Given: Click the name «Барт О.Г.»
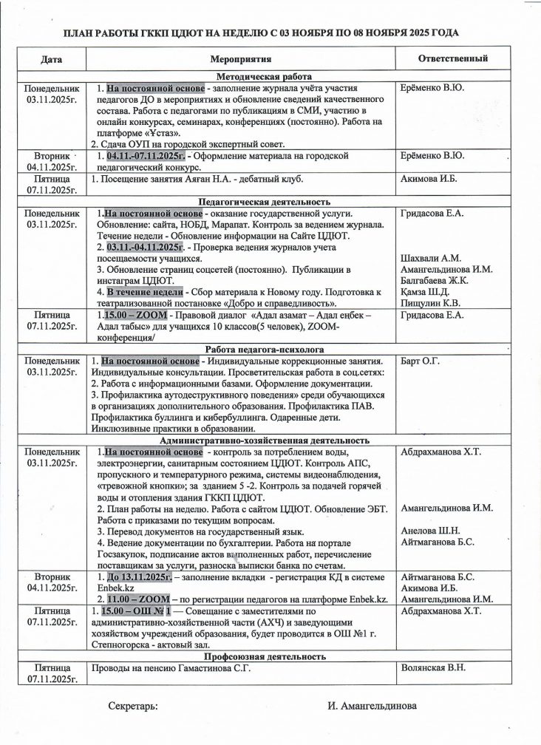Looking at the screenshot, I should tap(421, 361).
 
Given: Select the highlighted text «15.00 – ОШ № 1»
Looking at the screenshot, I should tap(138, 611).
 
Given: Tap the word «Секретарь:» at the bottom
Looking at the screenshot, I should tap(133, 706).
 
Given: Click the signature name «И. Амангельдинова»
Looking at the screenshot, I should tap(372, 706).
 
